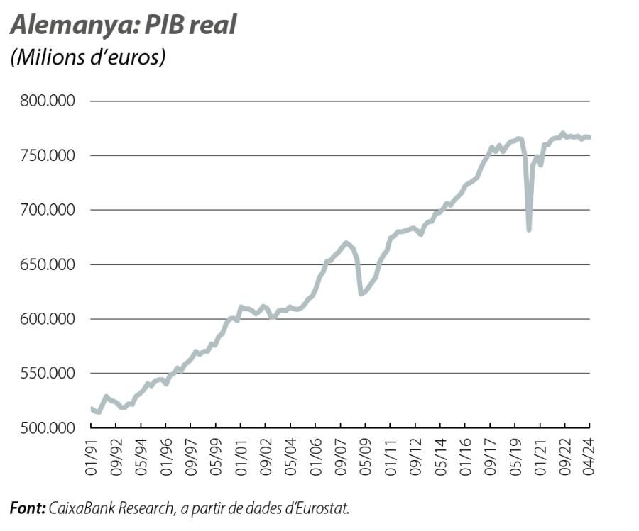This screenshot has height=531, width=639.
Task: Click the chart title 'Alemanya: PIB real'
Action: coord(123,25)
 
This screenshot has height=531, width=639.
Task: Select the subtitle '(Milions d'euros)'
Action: coord(87,57)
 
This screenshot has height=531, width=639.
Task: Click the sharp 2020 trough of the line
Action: coord(529,230)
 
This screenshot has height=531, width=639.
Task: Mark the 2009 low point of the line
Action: coord(361,294)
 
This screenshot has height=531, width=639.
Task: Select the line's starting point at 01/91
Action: coord(92,408)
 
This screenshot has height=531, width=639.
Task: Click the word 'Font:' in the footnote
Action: coord(28,508)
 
